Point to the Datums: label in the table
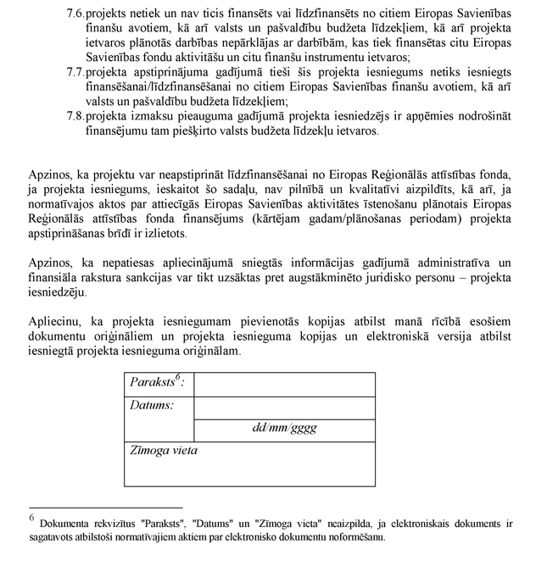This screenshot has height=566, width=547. click(x=152, y=405)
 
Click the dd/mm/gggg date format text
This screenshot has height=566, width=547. click(x=284, y=428)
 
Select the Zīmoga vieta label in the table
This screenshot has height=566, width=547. click(x=164, y=451)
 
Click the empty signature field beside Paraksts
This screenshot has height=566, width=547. click(x=284, y=384)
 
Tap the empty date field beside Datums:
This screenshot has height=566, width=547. click(x=284, y=407)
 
